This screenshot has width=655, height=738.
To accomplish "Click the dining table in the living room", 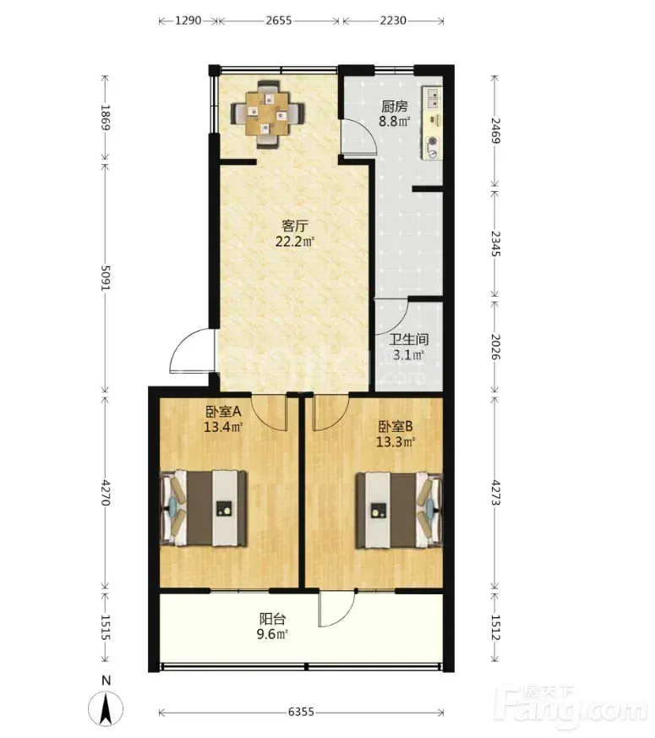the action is pyautogui.click(x=268, y=114).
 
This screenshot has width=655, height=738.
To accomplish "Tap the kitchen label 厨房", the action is pyautogui.click(x=395, y=107).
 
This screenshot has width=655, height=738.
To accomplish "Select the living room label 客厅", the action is pyautogui.click(x=295, y=226).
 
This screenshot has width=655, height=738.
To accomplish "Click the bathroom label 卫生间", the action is pyautogui.click(x=409, y=339).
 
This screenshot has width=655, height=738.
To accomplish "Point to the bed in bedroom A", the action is pyautogui.click(x=204, y=508).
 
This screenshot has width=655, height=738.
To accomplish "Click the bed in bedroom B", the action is pyautogui.click(x=399, y=511).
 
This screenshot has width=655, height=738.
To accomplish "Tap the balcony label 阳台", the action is pyautogui.click(x=272, y=619).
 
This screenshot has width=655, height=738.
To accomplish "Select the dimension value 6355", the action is pyautogui.click(x=301, y=712).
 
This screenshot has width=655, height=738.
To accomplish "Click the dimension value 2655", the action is pyautogui.click(x=279, y=20).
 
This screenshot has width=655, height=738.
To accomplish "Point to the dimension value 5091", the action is pyautogui.click(x=106, y=278).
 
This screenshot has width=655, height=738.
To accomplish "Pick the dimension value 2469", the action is pyautogui.click(x=495, y=131).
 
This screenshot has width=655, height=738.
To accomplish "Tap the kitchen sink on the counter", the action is pyautogui.click(x=434, y=98).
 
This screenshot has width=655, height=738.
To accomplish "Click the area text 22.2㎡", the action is pyautogui.click(x=295, y=242).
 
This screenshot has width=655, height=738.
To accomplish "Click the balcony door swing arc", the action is pyautogui.click(x=337, y=609).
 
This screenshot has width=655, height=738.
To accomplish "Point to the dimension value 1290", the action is pyautogui.click(x=188, y=20).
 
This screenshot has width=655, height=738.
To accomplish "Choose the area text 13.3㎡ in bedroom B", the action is pyautogui.click(x=396, y=442).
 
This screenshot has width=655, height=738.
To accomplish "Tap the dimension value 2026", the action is pyautogui.click(x=495, y=347).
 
